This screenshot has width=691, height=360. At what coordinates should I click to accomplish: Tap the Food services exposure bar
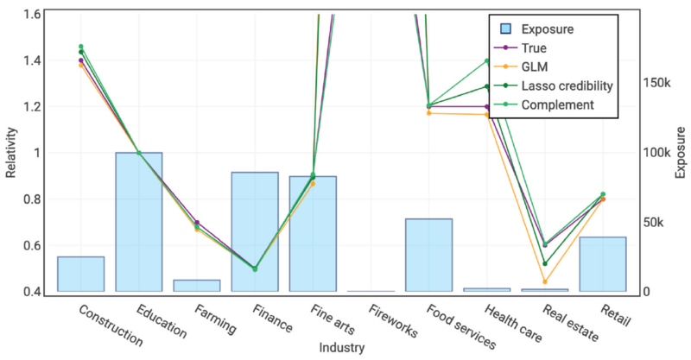click(x=428, y=255)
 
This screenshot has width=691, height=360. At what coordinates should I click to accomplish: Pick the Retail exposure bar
click(x=602, y=263)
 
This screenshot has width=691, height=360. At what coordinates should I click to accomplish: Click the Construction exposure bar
click(x=80, y=274)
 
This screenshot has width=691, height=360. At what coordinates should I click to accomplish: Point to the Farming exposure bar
click(x=197, y=285)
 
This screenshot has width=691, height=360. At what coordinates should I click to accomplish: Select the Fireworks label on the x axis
click(x=392, y=319)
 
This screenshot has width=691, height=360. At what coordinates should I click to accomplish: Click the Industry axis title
click(x=341, y=348)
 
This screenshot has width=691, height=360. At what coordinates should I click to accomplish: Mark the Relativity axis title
click(x=11, y=154)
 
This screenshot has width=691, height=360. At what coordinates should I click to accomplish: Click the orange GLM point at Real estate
click(x=544, y=281)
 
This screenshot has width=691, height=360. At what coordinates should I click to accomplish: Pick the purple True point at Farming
click(x=197, y=222)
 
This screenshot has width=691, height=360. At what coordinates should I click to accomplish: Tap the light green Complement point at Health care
click(x=486, y=61)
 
